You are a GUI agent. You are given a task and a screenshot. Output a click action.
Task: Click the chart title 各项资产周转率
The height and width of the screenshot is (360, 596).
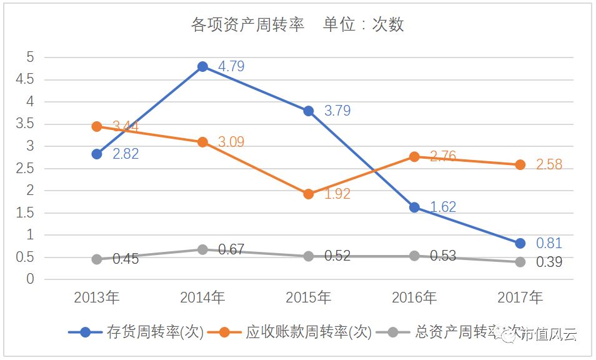click(x=247, y=25)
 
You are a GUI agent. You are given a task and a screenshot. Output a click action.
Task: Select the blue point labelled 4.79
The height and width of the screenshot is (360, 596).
click(x=202, y=66)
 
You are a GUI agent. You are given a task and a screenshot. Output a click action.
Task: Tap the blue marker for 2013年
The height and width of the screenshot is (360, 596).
click(x=97, y=154)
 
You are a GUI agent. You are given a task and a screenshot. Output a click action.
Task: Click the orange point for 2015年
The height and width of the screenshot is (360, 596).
click(x=308, y=194)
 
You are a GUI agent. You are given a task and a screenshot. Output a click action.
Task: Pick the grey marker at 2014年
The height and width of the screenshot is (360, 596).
click(x=202, y=249)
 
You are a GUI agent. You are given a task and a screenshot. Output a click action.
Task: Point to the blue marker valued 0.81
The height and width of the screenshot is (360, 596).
click(x=520, y=243)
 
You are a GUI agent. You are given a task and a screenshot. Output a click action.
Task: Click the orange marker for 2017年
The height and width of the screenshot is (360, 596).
click(x=520, y=164)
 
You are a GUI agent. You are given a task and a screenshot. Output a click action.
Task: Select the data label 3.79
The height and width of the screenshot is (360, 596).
click(x=337, y=111)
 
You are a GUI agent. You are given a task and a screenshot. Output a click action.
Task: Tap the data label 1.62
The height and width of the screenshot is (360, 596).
click(x=443, y=207)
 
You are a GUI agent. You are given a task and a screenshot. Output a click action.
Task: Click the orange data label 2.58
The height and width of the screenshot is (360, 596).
click(x=549, y=165)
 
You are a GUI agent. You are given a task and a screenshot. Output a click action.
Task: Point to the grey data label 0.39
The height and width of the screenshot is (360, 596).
click(x=549, y=262)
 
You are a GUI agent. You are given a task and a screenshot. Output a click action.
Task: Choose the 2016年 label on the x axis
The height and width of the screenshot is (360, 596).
click(x=414, y=298)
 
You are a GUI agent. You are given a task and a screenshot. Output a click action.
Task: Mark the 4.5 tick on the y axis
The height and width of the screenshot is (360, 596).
click(x=26, y=79)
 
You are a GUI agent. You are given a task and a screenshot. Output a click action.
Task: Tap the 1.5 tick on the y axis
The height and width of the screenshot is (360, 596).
click(x=26, y=213)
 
